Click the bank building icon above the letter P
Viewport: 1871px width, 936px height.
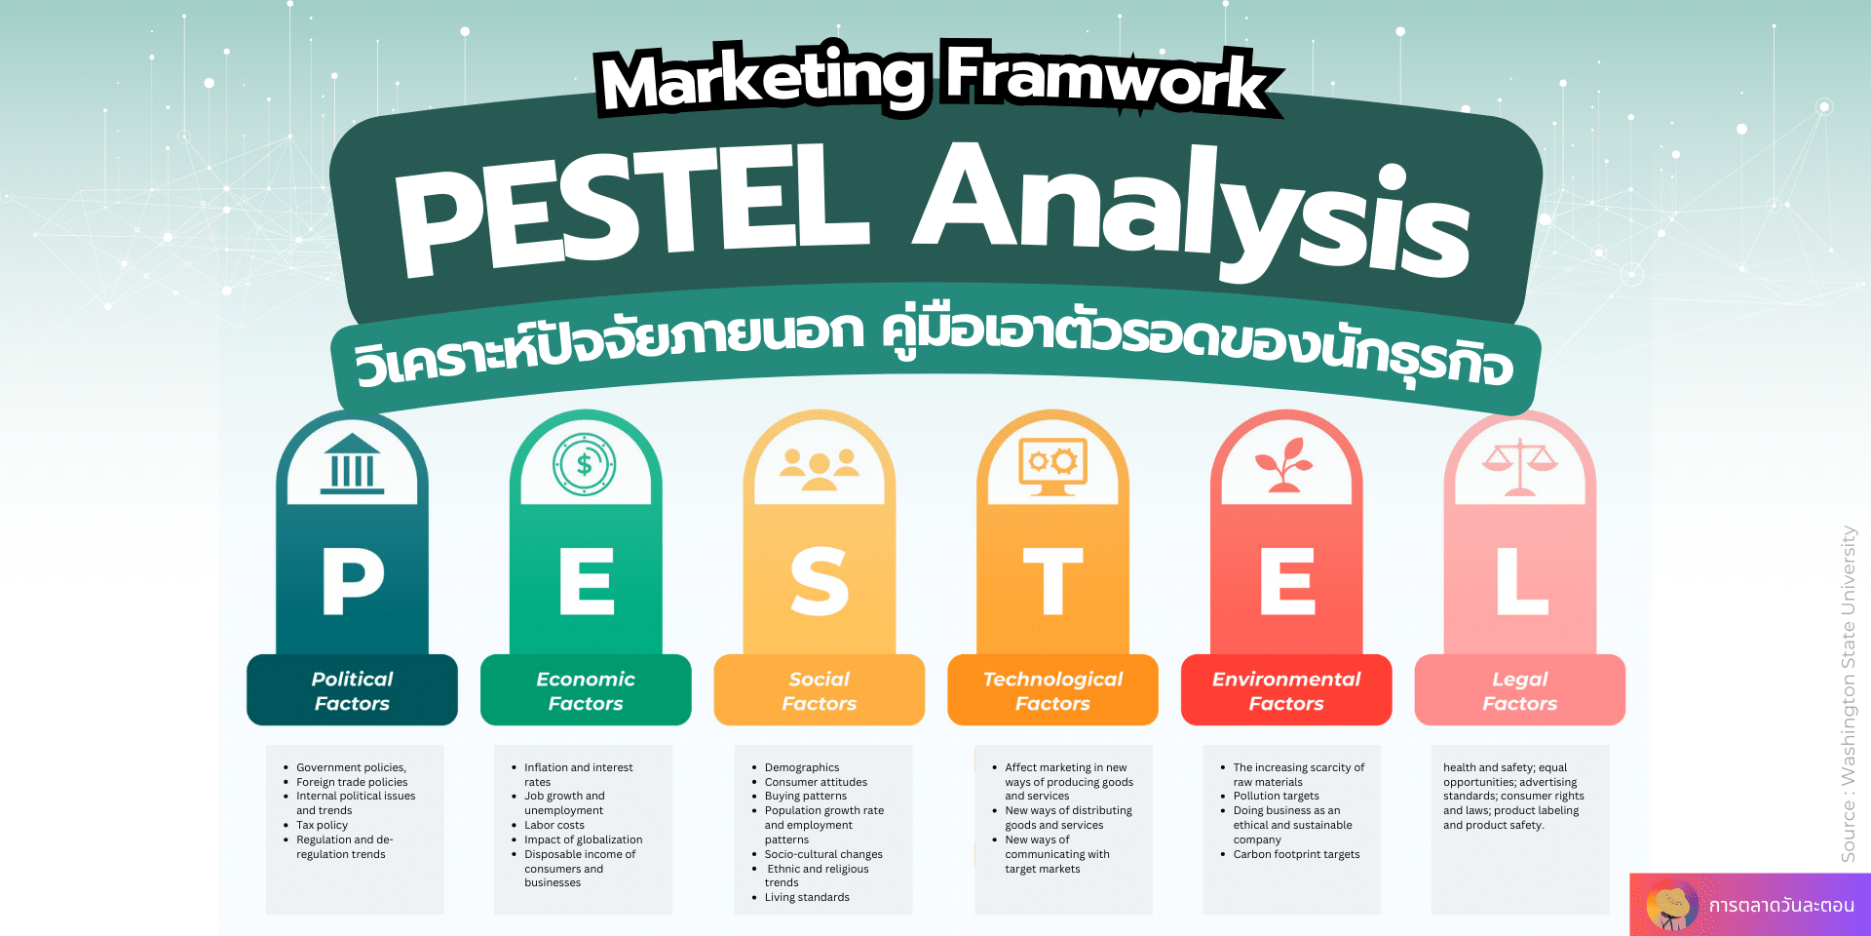352,464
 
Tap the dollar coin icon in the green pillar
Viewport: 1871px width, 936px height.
585,464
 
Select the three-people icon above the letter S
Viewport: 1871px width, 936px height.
820,469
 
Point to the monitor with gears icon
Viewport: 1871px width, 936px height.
1052,466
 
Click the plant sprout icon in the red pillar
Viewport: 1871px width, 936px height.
1285,464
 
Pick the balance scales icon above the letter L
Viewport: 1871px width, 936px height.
1519,466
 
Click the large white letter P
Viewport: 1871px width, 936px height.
353,582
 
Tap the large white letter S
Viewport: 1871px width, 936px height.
820,582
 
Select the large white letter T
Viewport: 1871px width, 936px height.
1052,582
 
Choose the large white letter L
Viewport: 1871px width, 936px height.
1522,582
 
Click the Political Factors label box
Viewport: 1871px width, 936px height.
352,690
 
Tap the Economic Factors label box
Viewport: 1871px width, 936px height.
586,690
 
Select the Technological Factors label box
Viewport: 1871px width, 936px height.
1052,690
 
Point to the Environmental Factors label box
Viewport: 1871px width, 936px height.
1286,690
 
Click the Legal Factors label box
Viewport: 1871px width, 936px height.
1520,690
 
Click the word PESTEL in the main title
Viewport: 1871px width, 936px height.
631,210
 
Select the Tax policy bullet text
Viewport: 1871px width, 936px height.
322,825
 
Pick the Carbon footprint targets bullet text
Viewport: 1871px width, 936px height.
1296,854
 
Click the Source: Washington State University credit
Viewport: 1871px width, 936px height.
1849,694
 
